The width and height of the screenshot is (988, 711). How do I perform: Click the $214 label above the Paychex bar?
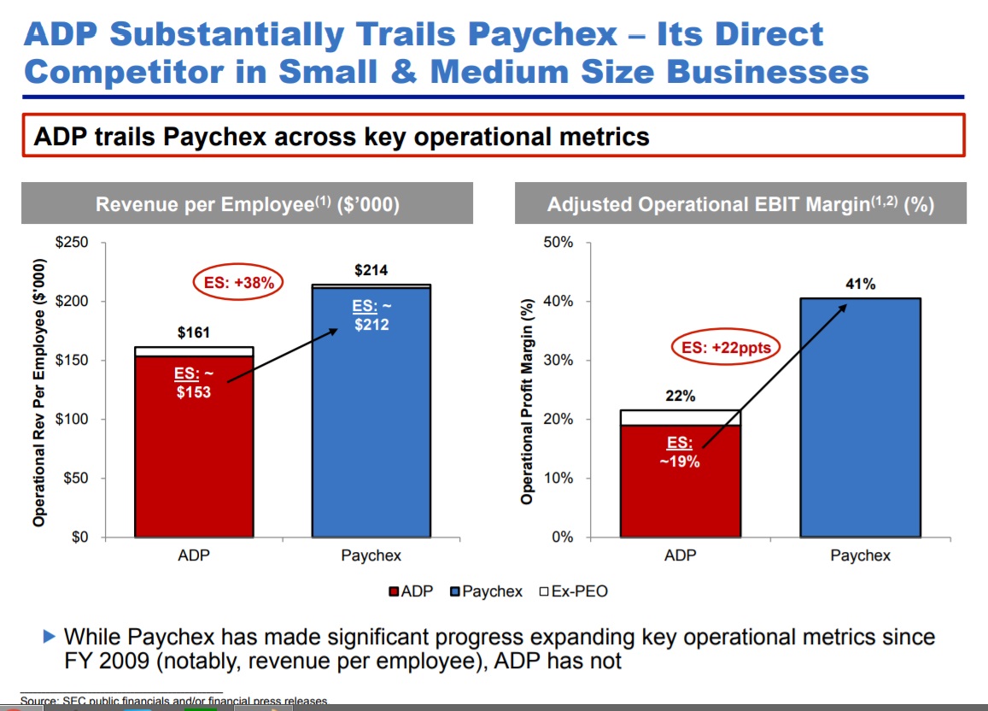click(x=371, y=271)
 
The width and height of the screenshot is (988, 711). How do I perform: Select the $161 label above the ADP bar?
click(x=194, y=333)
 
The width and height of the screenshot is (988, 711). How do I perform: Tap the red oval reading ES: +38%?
click(x=238, y=283)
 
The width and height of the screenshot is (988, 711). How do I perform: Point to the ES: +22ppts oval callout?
click(x=726, y=348)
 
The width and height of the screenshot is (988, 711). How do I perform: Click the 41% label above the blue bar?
click(x=860, y=285)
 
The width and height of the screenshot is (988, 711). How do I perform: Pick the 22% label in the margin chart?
click(x=681, y=397)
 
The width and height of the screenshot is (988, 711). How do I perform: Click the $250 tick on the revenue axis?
click(x=72, y=243)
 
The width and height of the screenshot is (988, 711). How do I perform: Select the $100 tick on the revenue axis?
click(x=72, y=420)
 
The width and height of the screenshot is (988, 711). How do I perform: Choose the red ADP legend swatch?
click(x=394, y=591)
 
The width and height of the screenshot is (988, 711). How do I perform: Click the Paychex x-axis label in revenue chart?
click(x=371, y=555)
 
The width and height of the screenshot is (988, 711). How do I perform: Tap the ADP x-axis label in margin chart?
click(x=681, y=555)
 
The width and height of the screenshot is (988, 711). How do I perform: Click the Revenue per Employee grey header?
click(x=247, y=205)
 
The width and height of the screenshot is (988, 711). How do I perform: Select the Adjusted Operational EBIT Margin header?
click(x=740, y=205)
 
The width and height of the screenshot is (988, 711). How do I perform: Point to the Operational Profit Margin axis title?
click(x=527, y=402)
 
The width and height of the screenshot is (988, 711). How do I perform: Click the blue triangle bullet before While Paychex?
click(x=49, y=637)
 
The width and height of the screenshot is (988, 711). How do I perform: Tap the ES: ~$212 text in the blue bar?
click(x=371, y=315)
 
